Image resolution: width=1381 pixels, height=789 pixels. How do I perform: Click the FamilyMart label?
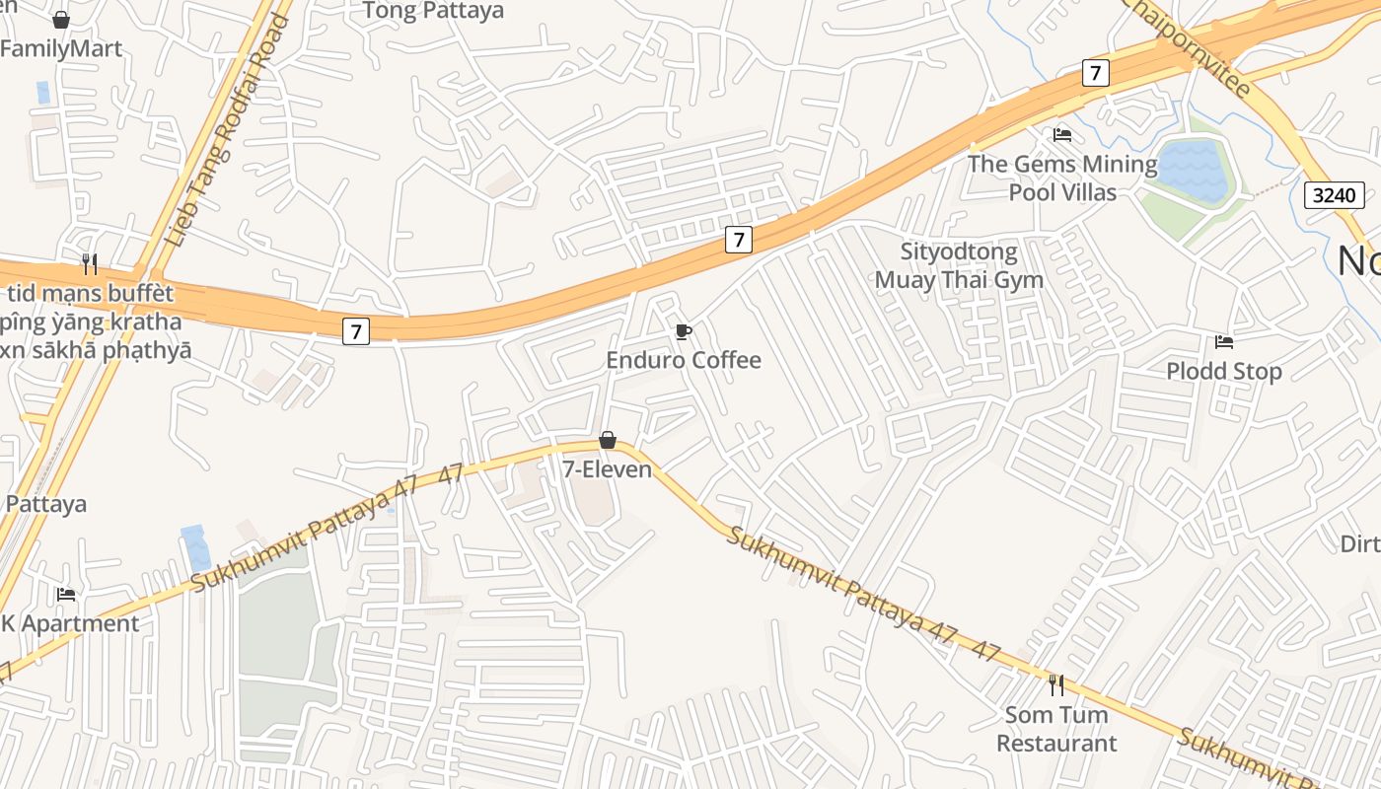[61, 49]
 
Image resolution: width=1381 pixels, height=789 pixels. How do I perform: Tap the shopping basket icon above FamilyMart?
[61, 20]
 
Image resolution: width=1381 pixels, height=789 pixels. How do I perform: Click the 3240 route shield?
[1335, 194]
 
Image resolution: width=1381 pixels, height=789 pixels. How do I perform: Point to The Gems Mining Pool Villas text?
[1062, 178]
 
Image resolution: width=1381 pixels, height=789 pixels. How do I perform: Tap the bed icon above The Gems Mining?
[1062, 134]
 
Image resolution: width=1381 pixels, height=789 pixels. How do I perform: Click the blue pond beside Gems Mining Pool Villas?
[1193, 171]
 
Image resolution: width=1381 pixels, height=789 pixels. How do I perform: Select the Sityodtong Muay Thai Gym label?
[959, 266]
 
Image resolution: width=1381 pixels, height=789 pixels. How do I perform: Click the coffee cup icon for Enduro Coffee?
[683, 331]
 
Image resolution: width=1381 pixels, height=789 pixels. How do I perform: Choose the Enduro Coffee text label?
[684, 360]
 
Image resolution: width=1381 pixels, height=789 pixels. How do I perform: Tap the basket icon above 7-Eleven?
[608, 440]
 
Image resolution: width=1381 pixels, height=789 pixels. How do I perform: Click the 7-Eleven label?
[608, 469]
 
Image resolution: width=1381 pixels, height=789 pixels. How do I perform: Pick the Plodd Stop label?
[1224, 371]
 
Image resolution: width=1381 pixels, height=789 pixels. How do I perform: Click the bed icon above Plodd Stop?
[1224, 342]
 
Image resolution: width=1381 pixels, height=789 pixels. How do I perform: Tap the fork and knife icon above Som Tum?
[1056, 683]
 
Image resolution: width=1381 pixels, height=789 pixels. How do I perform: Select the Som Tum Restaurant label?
[1056, 728]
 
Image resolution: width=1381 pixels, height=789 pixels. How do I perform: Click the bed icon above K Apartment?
[66, 594]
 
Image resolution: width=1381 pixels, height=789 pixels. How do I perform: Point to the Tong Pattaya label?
[433, 11]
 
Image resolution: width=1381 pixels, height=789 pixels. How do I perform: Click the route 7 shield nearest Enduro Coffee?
[739, 239]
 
